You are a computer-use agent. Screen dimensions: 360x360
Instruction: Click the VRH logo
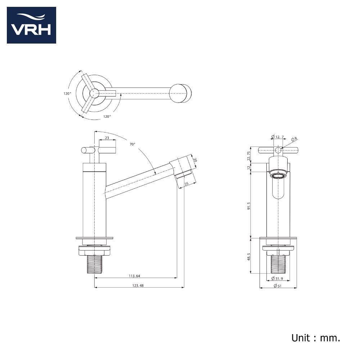tap(31, 25)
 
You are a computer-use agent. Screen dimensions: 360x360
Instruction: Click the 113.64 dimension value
tap(134, 276)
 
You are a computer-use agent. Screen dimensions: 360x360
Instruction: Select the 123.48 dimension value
tap(138, 285)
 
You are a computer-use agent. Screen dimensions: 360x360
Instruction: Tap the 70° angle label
tap(132, 144)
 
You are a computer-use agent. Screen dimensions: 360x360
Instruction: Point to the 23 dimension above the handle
tap(107, 138)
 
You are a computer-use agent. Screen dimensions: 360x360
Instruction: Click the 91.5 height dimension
tap(249, 206)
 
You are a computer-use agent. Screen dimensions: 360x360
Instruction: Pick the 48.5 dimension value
tap(249, 257)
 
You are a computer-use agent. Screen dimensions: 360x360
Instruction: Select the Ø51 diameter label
tap(278, 285)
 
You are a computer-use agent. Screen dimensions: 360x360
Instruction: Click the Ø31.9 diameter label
tap(277, 278)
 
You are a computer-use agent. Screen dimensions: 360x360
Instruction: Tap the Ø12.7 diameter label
tap(278, 137)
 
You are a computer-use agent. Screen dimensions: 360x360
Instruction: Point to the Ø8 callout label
tap(294, 139)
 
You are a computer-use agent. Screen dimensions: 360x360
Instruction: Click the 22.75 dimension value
tap(248, 156)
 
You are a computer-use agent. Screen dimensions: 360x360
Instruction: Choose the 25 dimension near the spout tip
tap(186, 184)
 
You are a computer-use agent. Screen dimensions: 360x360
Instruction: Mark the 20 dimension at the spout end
tap(195, 160)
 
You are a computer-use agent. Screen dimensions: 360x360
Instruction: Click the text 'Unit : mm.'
tap(316, 338)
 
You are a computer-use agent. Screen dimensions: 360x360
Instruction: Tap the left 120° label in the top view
tap(68, 94)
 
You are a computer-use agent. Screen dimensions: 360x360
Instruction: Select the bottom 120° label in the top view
tap(107, 116)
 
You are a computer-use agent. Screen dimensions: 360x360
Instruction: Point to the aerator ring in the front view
tap(278, 176)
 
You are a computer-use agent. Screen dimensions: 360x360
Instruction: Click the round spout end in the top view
tap(180, 94)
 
